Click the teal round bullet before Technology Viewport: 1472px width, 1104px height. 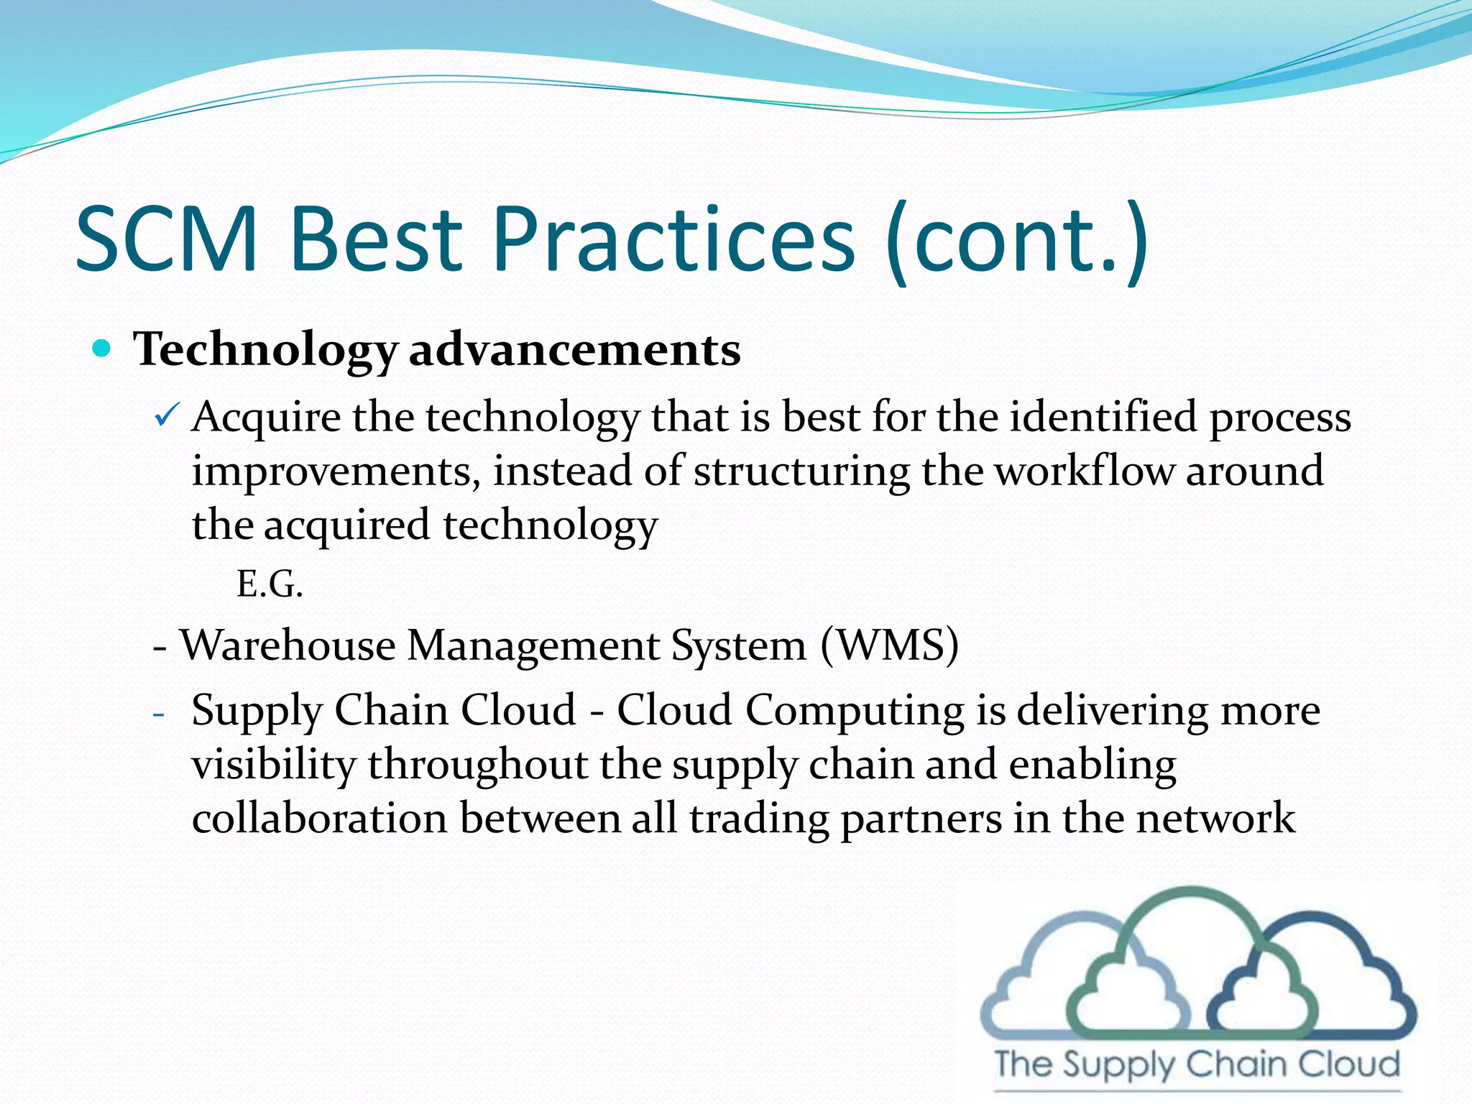(103, 349)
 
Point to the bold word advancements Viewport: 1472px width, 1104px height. (574, 350)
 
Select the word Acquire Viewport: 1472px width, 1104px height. (266, 418)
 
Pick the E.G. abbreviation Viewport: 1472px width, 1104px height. (270, 584)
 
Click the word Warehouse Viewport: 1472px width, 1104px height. (287, 645)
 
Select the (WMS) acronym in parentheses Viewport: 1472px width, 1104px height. (889, 645)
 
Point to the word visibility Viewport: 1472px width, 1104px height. (274, 765)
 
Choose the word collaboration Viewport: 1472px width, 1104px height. (320, 819)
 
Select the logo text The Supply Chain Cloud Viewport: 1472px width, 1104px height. (1197, 1064)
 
